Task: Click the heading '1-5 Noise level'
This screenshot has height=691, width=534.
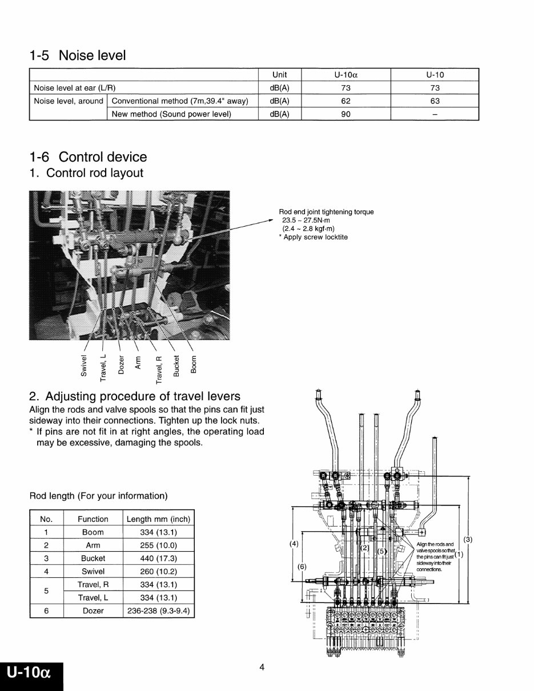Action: [x=78, y=55]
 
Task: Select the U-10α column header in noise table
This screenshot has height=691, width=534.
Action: [x=346, y=75]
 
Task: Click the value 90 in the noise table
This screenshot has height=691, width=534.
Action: [x=346, y=114]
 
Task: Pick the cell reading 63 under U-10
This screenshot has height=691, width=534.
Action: [x=435, y=101]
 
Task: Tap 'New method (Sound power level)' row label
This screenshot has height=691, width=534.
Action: [x=171, y=114]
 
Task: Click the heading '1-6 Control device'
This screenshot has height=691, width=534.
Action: [x=88, y=157]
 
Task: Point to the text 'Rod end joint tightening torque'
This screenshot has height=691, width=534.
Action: [x=326, y=212]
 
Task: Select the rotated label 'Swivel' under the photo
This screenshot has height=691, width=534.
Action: [x=85, y=365]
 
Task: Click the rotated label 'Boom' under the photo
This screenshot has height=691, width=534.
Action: [x=194, y=364]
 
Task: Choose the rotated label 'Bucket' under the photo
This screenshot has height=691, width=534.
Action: [x=176, y=365]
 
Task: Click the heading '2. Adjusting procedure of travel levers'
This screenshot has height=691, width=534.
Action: [x=135, y=396]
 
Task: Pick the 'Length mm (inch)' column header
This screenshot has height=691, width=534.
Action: [x=158, y=519]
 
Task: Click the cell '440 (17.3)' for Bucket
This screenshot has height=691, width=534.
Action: [x=158, y=559]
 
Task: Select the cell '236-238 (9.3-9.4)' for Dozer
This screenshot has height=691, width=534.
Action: [x=158, y=610]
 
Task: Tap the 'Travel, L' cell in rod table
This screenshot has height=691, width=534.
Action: [x=93, y=598]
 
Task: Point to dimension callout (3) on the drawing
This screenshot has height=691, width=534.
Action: [x=468, y=539]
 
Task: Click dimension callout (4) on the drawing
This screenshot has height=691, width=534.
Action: [x=294, y=544]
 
